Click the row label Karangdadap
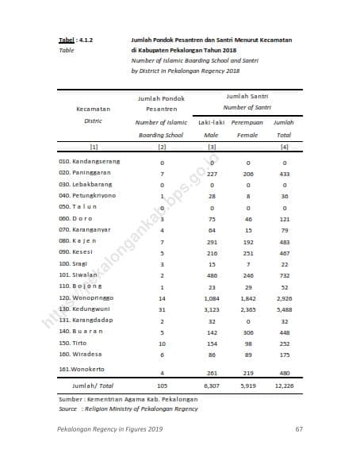tap(84, 321)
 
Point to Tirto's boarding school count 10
tap(162, 344)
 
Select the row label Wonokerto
tap(80, 370)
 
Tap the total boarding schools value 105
tap(162, 386)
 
